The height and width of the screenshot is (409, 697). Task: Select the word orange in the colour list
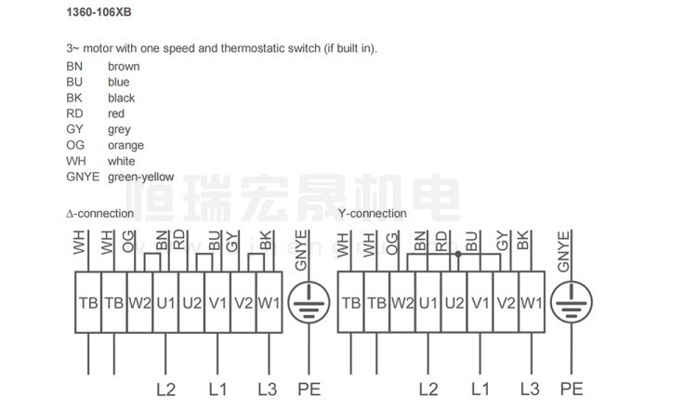[x=125, y=145]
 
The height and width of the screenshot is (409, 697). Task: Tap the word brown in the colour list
[x=124, y=66]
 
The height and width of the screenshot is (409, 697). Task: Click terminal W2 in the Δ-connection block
[x=139, y=303]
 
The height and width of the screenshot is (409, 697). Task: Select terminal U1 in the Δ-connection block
[x=165, y=303]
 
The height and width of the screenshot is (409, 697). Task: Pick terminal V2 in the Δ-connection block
[x=243, y=303]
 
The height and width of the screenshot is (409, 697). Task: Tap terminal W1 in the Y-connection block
[x=531, y=303]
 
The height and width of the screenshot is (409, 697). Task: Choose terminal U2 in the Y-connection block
[x=454, y=303]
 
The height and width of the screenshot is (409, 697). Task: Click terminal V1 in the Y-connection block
[x=480, y=303]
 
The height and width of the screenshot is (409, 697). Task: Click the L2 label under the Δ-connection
[x=164, y=388]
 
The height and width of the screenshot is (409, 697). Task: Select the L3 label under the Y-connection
[x=531, y=388]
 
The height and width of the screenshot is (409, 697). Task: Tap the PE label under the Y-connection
[x=571, y=388]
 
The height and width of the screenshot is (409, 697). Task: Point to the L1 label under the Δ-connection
[x=217, y=388]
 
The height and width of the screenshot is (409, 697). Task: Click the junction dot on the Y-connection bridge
[x=458, y=254]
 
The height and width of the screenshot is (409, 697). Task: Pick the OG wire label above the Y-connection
[x=394, y=243]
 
